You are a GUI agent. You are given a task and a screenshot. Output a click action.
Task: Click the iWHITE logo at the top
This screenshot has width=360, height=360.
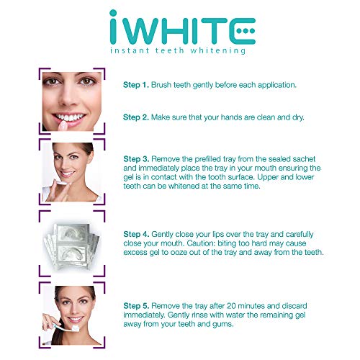182,27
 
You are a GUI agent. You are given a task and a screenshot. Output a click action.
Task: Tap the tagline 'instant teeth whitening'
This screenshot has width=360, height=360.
178,50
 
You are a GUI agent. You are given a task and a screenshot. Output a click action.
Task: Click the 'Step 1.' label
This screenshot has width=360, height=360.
136,85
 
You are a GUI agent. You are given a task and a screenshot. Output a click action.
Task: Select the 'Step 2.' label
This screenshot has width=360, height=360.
136,117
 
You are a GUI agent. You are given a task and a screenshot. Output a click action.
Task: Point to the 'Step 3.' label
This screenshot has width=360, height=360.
136,159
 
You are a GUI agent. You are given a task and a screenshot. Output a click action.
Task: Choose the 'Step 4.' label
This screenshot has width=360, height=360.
136,234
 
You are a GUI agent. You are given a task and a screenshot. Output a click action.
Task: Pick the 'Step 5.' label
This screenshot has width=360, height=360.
136,306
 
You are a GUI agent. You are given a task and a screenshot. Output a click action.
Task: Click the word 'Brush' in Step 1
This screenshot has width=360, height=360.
161,85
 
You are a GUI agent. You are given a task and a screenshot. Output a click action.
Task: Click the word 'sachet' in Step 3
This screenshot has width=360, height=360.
304,159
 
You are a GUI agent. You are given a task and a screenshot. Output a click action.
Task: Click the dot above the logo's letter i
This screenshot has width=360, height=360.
113,13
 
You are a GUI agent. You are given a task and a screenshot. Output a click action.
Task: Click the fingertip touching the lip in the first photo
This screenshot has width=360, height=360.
63,125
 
